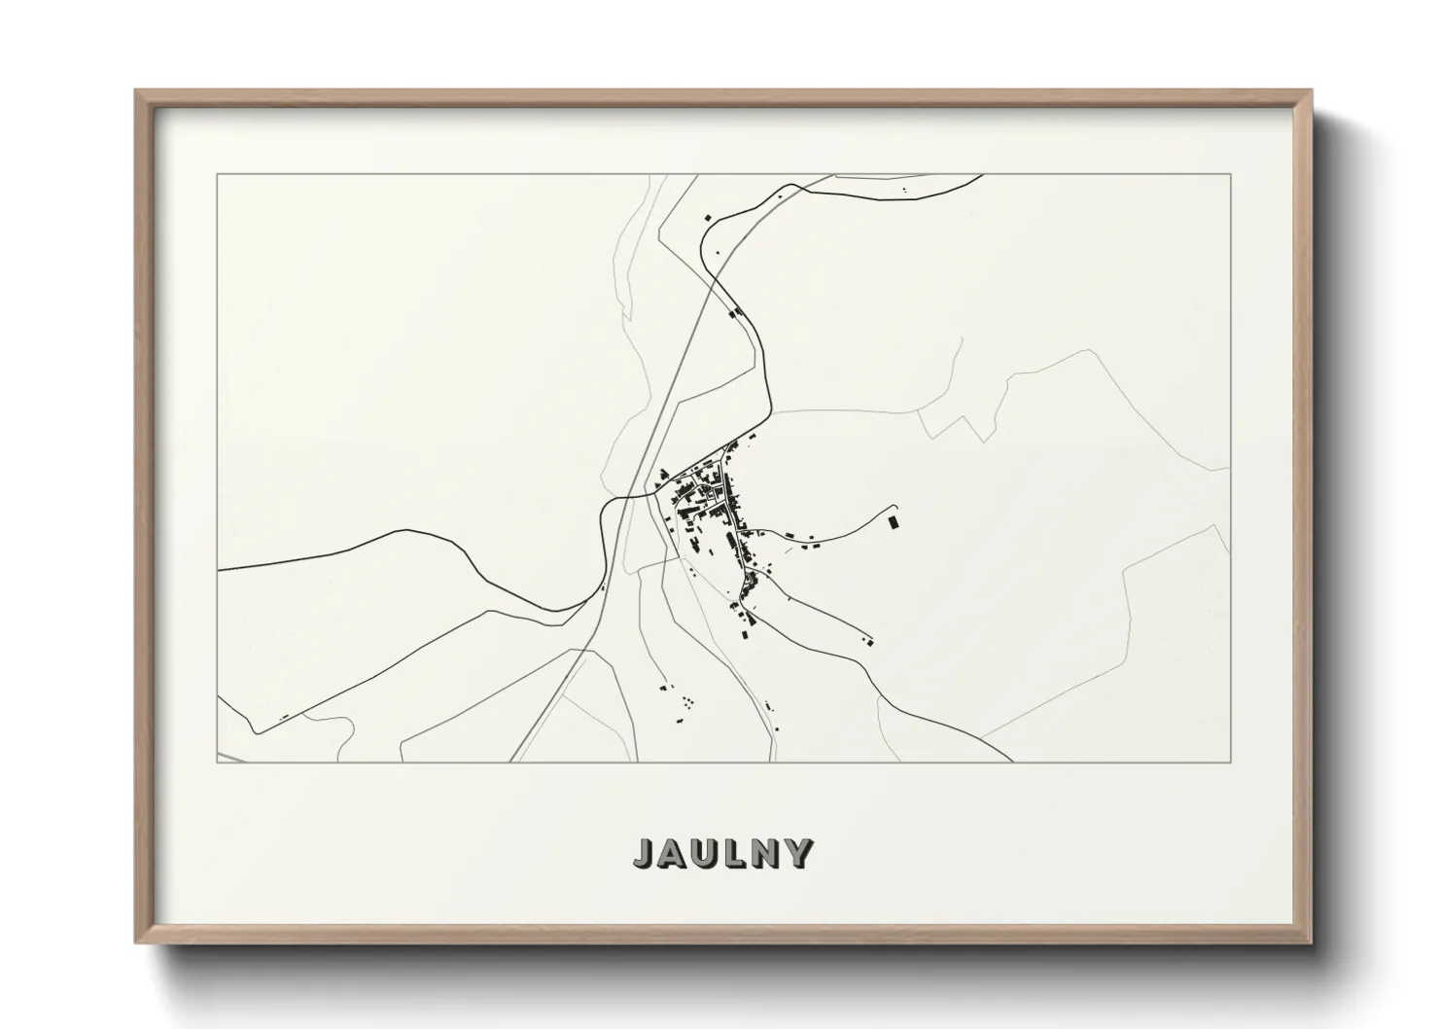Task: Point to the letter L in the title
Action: [x=740, y=853]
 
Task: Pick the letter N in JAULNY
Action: [x=768, y=853]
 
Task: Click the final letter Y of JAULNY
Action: [x=800, y=853]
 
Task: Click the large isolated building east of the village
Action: [x=893, y=523]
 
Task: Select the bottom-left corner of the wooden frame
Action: [x=137, y=943]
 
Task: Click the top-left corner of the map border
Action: [x=218, y=175]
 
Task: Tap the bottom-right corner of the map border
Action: [x=1231, y=762]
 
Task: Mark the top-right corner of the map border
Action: [x=1231, y=175]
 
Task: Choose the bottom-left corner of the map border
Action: [x=218, y=762]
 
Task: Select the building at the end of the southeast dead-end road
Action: [x=869, y=640]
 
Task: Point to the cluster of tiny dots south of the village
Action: [x=685, y=700]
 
